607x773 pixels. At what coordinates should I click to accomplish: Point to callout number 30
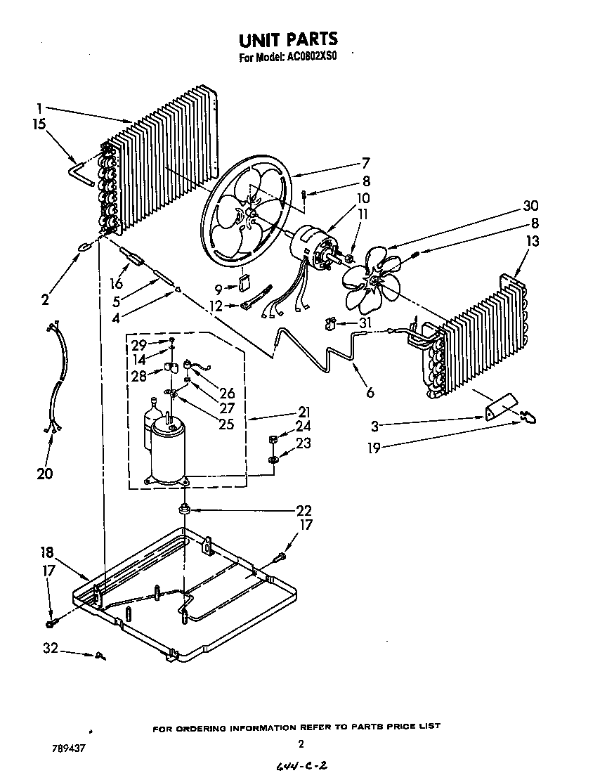click(530, 206)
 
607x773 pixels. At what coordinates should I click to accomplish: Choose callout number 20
click(44, 474)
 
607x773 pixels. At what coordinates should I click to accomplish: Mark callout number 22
click(303, 511)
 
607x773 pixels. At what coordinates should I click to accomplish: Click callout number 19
click(374, 448)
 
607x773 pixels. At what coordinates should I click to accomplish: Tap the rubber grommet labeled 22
click(185, 509)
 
